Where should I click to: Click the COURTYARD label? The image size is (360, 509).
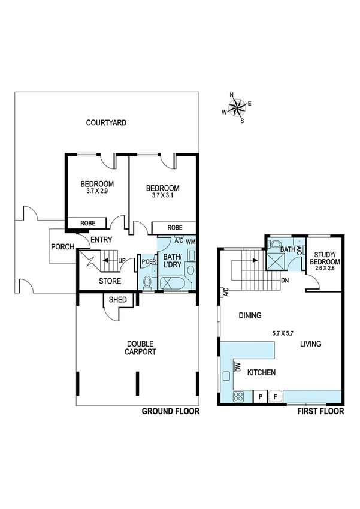click(x=105, y=123)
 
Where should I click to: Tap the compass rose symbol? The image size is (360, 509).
click(x=237, y=109)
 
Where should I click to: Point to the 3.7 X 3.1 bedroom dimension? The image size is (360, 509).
click(x=163, y=195)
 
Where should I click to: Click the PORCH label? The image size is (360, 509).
click(x=62, y=246)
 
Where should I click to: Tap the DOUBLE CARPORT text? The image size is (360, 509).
click(x=141, y=348)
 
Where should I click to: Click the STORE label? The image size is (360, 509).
click(x=110, y=281)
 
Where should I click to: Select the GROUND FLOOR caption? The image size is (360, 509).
click(x=170, y=412)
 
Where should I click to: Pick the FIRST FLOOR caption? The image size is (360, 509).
click(x=320, y=412)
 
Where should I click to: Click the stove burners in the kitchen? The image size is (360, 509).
click(x=238, y=396)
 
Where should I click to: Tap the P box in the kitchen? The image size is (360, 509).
click(x=261, y=396)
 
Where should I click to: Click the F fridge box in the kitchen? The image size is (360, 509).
click(x=276, y=396)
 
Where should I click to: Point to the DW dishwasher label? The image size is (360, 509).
click(x=238, y=366)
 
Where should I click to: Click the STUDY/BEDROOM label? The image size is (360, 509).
click(x=326, y=258)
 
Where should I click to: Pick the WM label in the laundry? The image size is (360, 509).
click(x=191, y=242)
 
